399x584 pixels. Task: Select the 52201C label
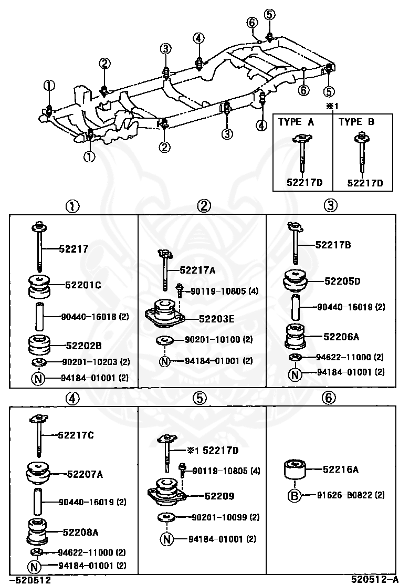click(83, 285)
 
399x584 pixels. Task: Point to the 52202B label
click(83, 345)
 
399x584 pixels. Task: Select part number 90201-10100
click(213, 340)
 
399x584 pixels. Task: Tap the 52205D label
click(342, 281)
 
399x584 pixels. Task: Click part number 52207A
click(85, 474)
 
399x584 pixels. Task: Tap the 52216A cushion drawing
click(294, 468)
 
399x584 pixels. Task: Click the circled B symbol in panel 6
click(294, 495)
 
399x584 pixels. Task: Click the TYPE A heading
click(296, 122)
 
